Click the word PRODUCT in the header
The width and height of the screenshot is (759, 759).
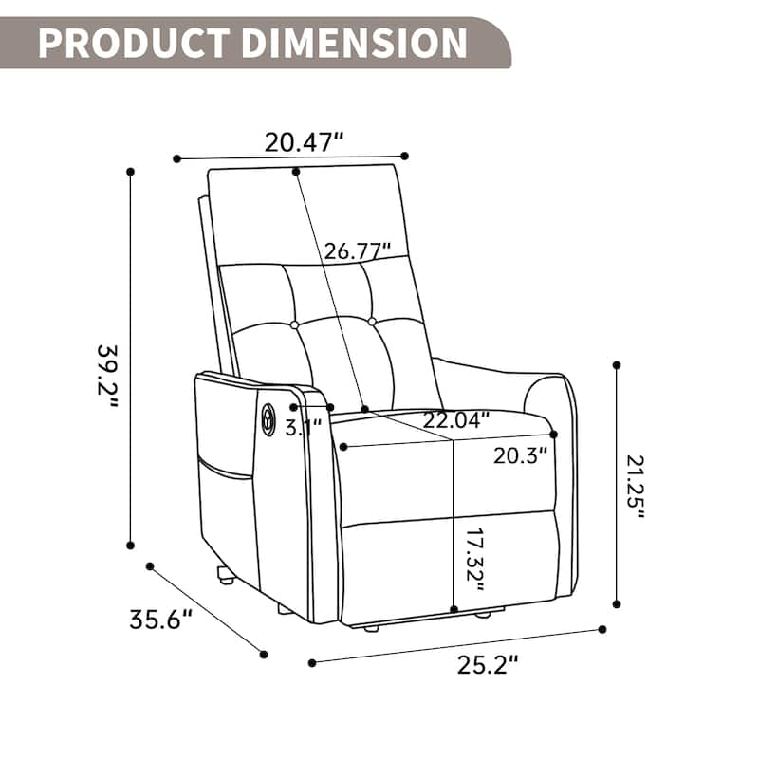(134, 43)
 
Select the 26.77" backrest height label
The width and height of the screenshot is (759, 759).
(358, 251)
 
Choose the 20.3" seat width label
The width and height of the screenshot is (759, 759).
(521, 455)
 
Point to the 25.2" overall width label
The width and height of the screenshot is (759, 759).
(488, 667)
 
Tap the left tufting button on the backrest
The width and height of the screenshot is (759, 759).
(294, 324)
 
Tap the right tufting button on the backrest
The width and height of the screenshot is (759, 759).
(372, 323)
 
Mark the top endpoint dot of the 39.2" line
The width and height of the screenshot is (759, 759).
(130, 172)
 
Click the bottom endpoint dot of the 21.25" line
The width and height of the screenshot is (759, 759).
(617, 602)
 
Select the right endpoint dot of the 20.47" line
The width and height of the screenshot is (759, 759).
(405, 156)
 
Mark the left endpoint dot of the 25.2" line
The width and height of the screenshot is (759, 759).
(311, 661)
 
